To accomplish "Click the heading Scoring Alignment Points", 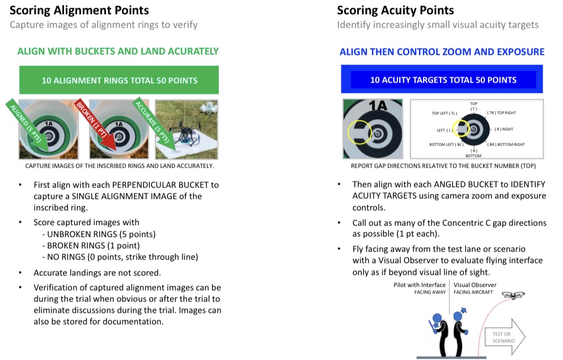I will (x=79, y=10).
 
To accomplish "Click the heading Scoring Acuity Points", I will (x=395, y=10).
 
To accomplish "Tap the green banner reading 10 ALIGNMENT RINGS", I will (x=119, y=80).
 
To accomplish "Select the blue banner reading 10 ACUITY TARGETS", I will (x=443, y=80).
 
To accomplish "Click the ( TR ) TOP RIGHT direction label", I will (x=501, y=113).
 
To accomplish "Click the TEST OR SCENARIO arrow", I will (x=503, y=337).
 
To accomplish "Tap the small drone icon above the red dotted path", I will (x=513, y=295).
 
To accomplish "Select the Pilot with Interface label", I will (x=420, y=285).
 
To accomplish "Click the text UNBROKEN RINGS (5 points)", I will (x=98, y=234).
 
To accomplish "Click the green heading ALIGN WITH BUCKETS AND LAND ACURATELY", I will (x=118, y=51).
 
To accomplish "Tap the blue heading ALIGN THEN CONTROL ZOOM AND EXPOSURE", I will (x=442, y=52).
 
